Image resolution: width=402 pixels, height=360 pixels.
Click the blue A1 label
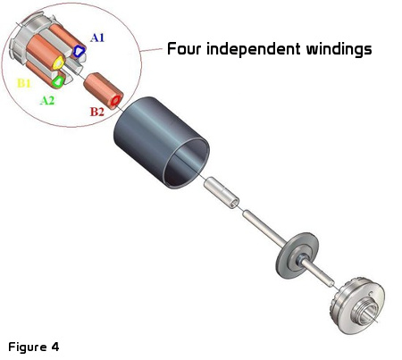[97, 38]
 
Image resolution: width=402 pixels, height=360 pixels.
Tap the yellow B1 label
[24, 83]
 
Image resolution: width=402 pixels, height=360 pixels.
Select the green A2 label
[47, 101]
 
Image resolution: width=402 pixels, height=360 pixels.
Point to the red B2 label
[97, 112]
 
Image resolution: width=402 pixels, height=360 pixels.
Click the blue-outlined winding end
[79, 51]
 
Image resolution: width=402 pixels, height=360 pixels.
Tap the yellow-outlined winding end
[58, 63]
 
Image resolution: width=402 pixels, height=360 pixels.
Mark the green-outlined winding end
[58, 81]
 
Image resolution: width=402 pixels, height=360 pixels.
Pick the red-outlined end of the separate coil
[116, 101]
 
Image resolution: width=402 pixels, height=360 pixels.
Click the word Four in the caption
[184, 49]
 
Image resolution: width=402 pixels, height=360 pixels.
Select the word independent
[253, 49]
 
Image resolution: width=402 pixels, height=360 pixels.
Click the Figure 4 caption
[34, 347]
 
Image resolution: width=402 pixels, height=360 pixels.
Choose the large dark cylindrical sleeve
[161, 142]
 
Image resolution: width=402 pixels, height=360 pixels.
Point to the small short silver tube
[222, 193]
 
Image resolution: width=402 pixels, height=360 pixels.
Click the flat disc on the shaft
[297, 255]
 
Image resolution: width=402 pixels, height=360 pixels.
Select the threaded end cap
[358, 306]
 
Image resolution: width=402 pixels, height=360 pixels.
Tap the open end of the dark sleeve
[186, 163]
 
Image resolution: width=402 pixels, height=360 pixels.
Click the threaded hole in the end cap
[364, 312]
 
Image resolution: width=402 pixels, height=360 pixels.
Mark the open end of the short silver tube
[234, 204]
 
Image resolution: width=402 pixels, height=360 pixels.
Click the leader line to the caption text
[152, 49]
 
